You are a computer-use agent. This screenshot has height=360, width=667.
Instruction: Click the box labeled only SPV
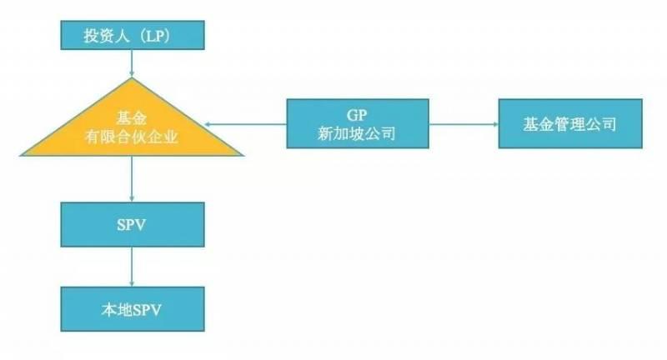click(133, 226)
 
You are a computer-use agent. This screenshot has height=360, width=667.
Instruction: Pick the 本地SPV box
click(133, 309)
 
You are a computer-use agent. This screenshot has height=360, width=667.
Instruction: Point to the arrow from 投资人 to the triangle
click(133, 64)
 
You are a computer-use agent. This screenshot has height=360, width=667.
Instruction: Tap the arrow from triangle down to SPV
click(133, 178)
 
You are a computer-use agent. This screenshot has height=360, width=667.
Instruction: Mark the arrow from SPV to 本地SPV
click(133, 268)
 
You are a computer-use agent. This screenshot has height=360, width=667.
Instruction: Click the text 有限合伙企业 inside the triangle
click(133, 137)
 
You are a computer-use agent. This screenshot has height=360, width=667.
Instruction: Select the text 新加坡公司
click(358, 134)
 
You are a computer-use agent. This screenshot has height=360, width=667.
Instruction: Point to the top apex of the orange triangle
click(133, 80)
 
